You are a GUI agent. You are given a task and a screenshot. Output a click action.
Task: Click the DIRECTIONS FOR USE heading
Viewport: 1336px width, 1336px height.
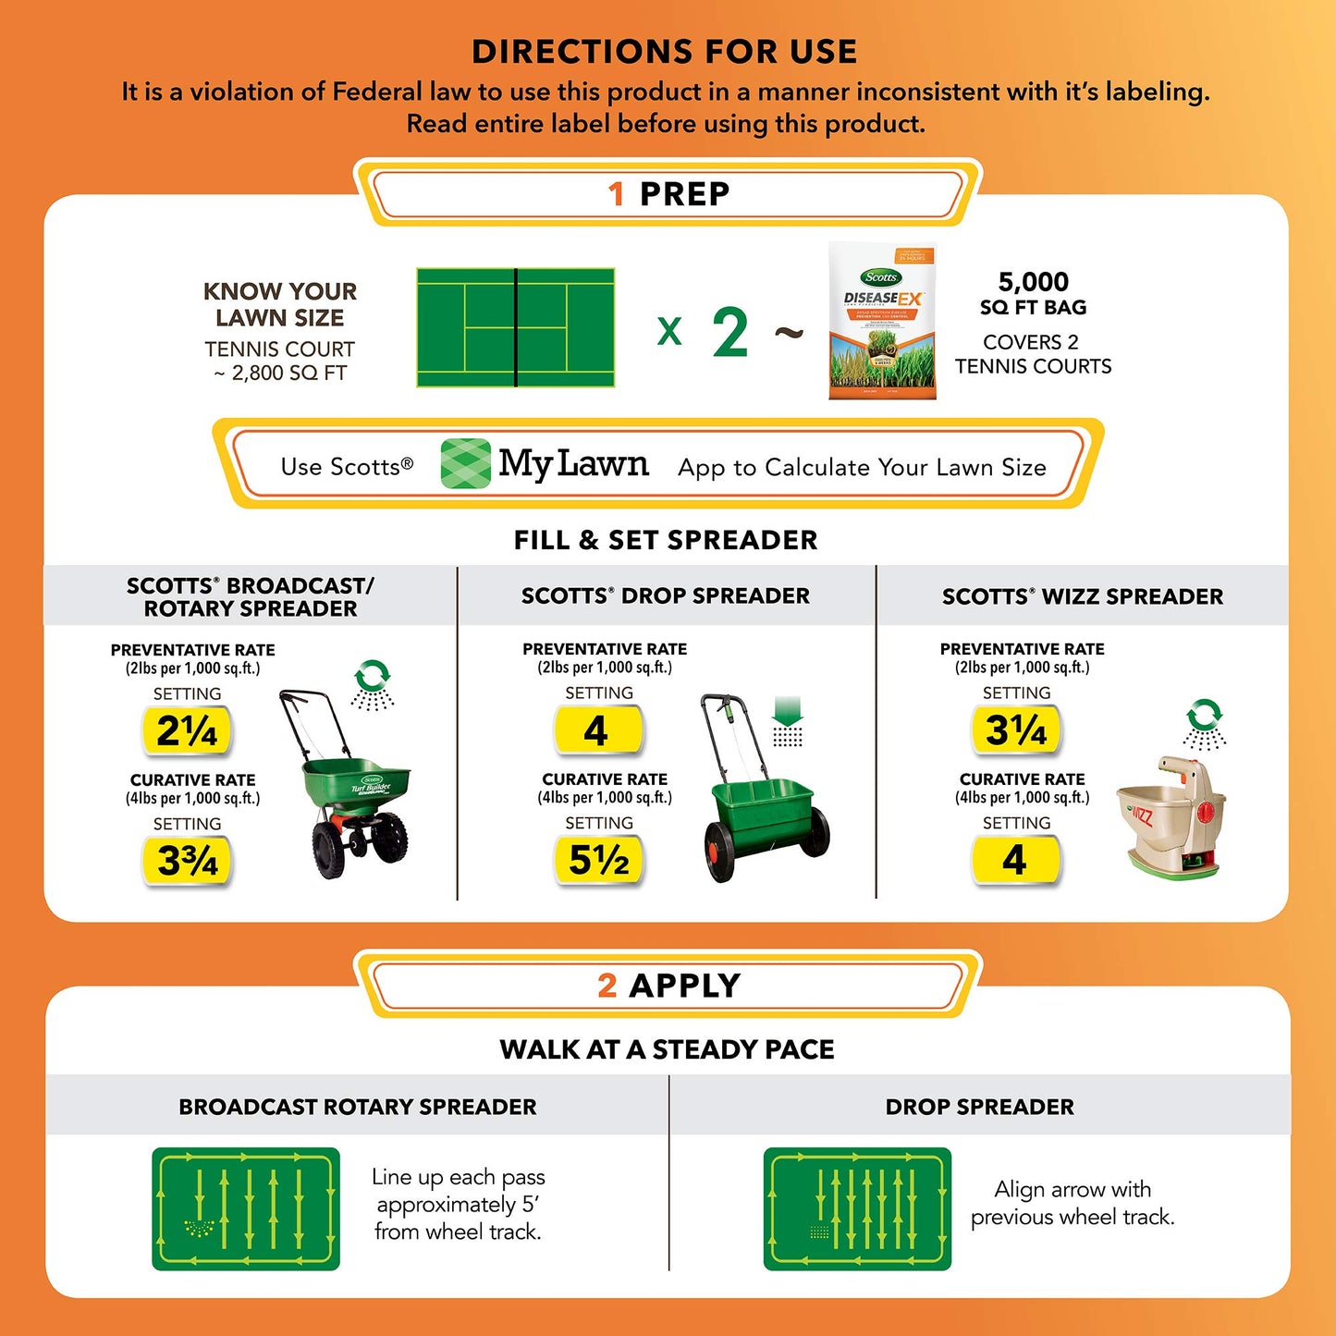665,52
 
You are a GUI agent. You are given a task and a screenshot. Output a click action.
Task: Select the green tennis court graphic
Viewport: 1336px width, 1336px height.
516,327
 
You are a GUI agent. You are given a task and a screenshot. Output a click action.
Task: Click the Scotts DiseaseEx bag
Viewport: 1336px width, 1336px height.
882,321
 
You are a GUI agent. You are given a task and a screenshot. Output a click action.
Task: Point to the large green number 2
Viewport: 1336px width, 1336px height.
729,332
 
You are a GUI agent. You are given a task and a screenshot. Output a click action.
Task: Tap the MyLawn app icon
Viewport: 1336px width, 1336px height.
465,463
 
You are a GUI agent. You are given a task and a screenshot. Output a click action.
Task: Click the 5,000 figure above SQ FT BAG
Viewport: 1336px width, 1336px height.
1033,282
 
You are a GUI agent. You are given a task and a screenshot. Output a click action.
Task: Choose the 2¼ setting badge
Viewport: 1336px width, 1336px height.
186,731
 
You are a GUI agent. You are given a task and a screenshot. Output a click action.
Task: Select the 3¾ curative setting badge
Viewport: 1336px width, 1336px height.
187,860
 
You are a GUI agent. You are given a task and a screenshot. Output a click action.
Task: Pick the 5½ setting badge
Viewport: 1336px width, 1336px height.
598,860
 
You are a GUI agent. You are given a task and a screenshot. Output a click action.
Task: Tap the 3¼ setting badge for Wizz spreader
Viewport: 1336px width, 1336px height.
1015,730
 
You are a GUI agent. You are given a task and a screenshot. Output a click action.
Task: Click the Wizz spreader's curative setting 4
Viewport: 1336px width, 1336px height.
1014,860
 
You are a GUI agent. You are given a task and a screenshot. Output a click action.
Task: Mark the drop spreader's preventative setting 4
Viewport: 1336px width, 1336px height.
596,731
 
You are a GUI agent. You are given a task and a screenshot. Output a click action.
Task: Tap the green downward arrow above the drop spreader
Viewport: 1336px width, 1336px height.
787,713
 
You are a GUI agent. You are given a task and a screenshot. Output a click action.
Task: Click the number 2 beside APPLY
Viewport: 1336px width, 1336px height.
607,986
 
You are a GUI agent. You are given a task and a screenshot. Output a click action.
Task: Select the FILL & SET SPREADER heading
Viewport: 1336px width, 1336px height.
666,540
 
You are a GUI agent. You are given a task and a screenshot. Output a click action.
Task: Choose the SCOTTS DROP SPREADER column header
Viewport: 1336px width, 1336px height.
666,596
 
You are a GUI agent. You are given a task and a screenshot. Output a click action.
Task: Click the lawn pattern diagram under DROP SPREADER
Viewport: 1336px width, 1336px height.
857,1208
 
